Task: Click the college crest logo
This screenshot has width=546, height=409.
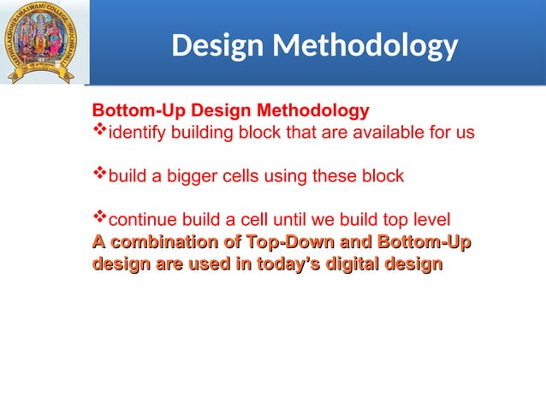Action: click(x=41, y=43)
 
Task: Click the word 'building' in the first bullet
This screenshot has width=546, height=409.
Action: click(x=203, y=133)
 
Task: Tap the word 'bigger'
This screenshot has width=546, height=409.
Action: click(x=187, y=177)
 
